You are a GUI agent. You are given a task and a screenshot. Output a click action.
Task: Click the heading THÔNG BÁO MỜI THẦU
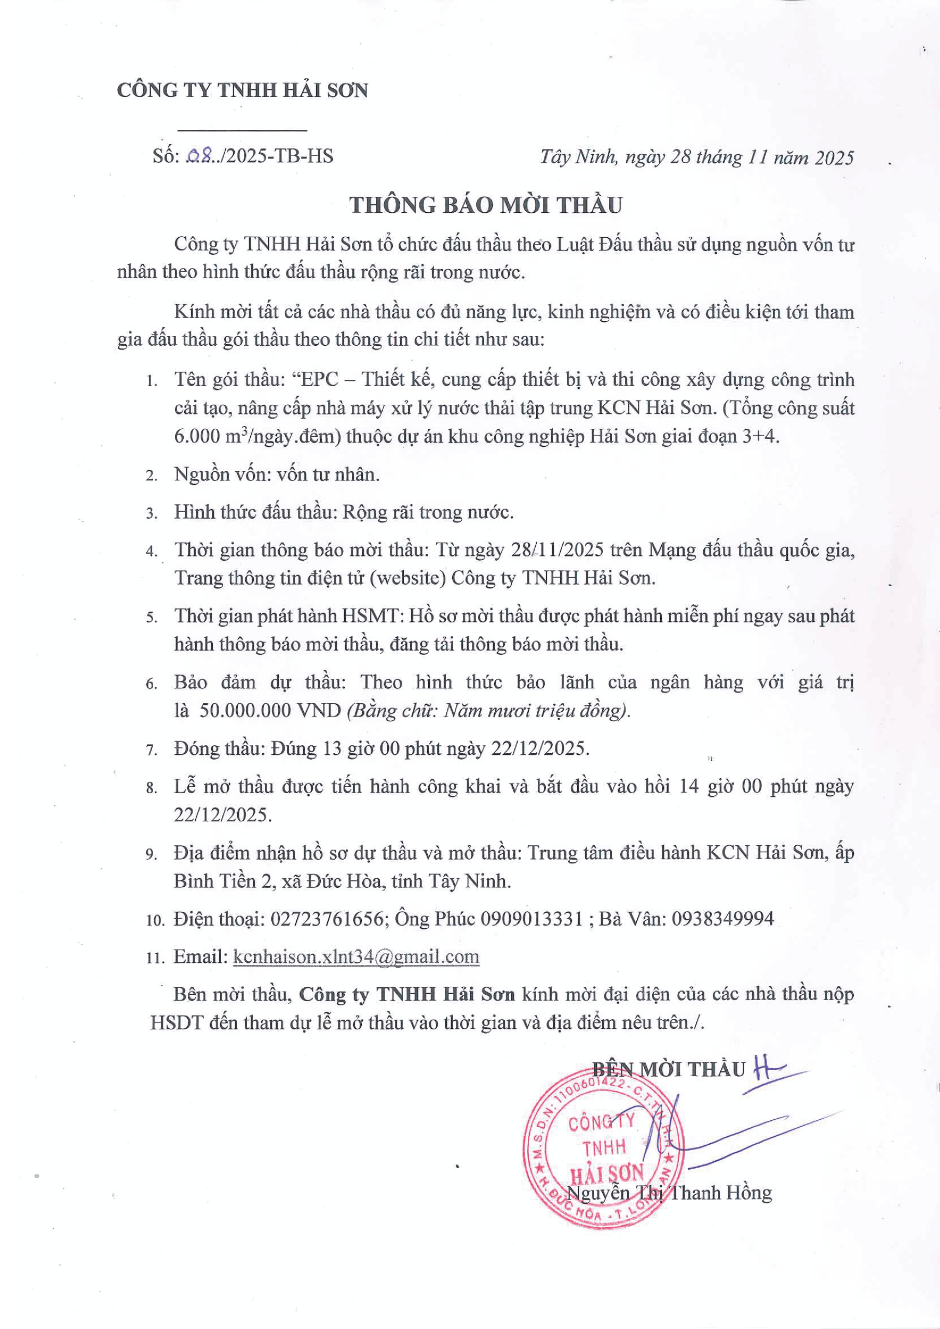point(486,206)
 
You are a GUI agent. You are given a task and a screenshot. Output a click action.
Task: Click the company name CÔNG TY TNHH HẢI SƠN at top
point(242,91)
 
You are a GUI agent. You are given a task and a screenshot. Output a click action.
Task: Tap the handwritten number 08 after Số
point(201,156)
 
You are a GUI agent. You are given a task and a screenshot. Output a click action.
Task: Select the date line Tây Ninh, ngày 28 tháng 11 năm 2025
point(697,157)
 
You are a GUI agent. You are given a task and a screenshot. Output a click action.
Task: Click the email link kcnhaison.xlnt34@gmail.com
point(356,956)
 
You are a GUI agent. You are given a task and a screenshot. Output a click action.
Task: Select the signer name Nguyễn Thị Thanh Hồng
point(669,1192)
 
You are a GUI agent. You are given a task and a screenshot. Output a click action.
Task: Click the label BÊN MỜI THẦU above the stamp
point(669,1069)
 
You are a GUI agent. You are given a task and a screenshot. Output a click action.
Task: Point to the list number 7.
point(152,751)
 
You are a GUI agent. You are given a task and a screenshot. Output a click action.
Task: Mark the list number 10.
point(155,920)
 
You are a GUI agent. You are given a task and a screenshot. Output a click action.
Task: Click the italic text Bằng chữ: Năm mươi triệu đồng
point(488,711)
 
